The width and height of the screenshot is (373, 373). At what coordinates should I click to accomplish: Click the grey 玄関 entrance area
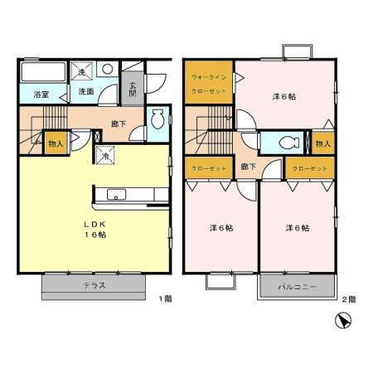pos(133,88)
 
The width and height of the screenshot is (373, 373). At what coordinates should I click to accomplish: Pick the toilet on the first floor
pos(158,126)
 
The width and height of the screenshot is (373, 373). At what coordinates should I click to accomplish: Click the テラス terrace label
pos(94,286)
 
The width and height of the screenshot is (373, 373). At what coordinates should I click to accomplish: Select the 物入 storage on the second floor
pos(322,142)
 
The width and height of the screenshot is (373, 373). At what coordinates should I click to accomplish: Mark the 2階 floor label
pos(350,298)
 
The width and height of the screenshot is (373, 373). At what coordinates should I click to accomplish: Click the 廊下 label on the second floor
pos(246,167)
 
